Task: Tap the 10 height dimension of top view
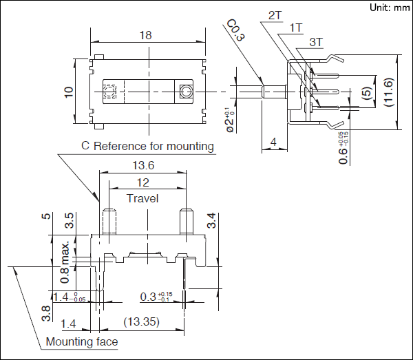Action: pyautogui.click(x=68, y=92)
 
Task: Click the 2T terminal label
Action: pyautogui.click(x=275, y=15)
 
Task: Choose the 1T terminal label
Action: pyautogui.click(x=296, y=27)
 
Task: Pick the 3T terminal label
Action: pyautogui.click(x=317, y=42)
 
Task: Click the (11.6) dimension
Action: pyautogui.click(x=389, y=92)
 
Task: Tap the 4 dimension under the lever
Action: pyautogui.click(x=273, y=142)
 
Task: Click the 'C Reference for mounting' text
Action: pyautogui.click(x=148, y=146)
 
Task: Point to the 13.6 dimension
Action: pyautogui.click(x=142, y=165)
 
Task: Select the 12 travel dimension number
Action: pyautogui.click(x=142, y=182)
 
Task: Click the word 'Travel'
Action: pyautogui.click(x=142, y=198)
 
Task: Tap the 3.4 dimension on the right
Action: pyautogui.click(x=212, y=221)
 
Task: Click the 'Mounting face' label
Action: pyautogui.click(x=81, y=342)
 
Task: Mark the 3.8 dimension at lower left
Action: pyautogui.click(x=46, y=313)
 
